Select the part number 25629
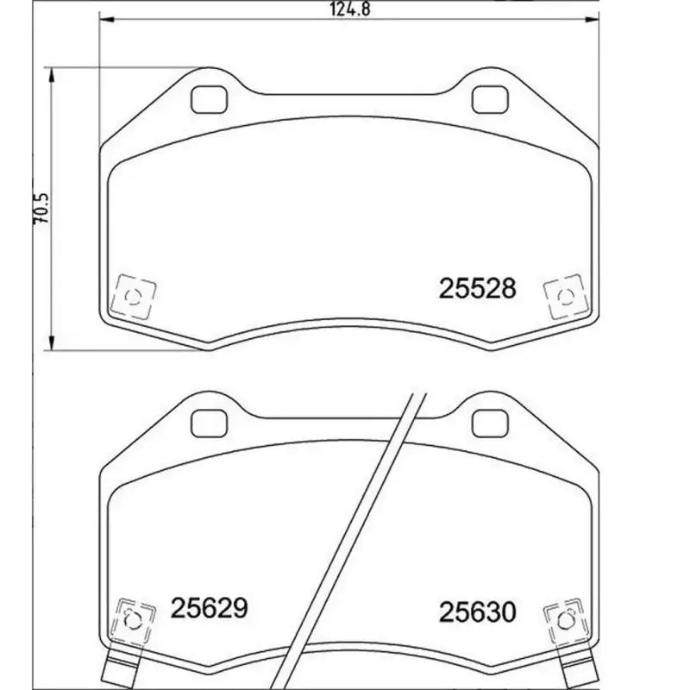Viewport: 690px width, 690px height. tap(210, 608)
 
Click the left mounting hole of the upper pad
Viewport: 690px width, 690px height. tap(206, 100)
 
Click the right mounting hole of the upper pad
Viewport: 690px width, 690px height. tap(488, 100)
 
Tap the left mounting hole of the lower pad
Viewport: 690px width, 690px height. tap(206, 423)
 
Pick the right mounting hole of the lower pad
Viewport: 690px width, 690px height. tap(488, 423)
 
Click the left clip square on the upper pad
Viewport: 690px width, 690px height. tap(134, 298)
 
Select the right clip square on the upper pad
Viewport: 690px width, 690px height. tap(565, 298)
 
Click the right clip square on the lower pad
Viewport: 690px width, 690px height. tap(565, 619)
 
